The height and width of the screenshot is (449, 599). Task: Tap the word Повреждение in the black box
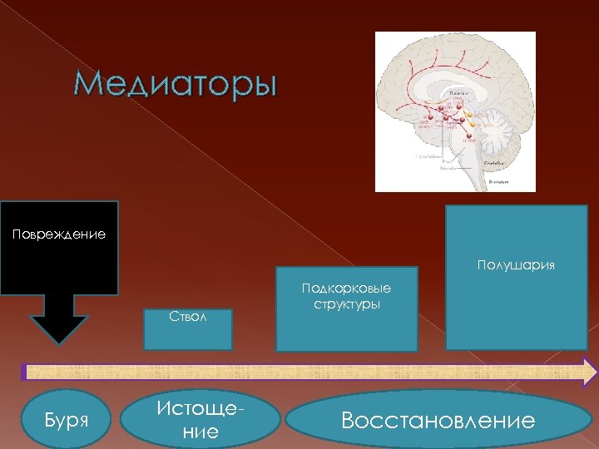click(58, 234)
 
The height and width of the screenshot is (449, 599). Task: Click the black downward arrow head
click(58, 328)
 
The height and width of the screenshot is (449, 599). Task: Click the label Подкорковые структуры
click(346, 296)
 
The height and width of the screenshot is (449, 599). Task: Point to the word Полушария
click(516, 265)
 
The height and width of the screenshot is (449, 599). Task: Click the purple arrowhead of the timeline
click(589, 371)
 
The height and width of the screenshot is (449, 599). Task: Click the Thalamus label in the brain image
click(458, 93)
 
